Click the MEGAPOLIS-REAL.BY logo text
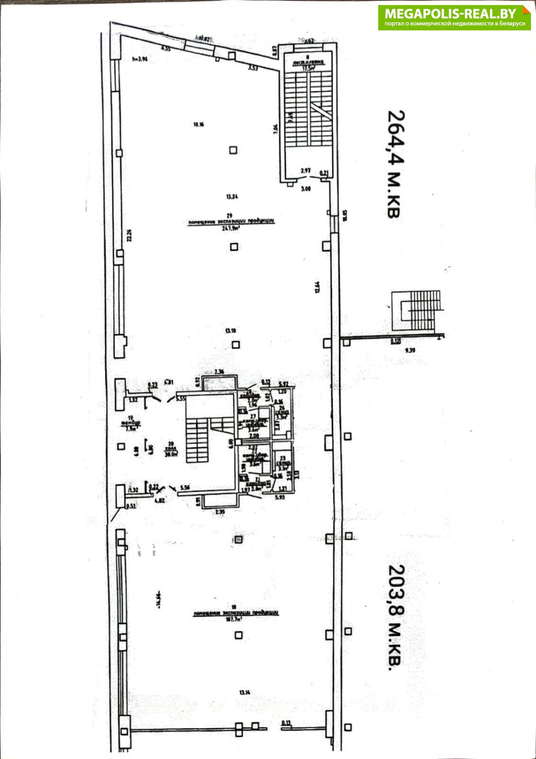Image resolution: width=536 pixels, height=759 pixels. click(x=450, y=13)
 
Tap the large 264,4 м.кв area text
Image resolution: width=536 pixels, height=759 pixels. click(x=393, y=164)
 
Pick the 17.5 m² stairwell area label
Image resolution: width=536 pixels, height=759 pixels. click(x=308, y=68)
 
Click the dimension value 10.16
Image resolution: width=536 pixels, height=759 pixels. click(x=198, y=124)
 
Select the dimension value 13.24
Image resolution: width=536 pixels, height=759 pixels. click(x=232, y=196)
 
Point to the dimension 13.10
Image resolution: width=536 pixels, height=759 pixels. click(x=231, y=331)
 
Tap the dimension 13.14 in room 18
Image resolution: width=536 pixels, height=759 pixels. click(x=245, y=692)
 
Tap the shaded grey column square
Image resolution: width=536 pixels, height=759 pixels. click(x=238, y=540)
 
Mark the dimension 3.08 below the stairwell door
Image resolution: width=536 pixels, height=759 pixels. click(x=305, y=188)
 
